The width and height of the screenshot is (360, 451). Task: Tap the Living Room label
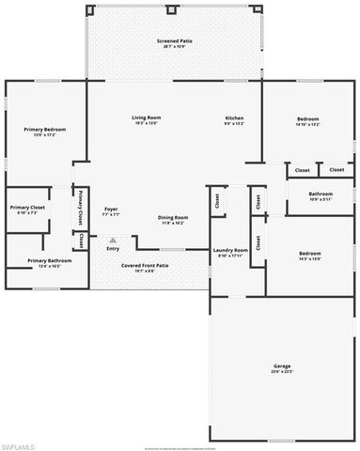[x=146, y=117]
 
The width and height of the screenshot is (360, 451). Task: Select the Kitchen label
[x=234, y=117]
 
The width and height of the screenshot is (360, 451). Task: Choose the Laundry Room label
[x=230, y=250]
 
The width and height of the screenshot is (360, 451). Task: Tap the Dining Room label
[x=172, y=217]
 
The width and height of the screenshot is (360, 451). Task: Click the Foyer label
[x=111, y=209]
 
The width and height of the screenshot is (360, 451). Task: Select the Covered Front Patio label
[x=145, y=265]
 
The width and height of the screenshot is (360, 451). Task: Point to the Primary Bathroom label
[x=44, y=260]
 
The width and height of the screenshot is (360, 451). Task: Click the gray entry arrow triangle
[x=113, y=240]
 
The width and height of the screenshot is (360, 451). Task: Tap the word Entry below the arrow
[x=113, y=248]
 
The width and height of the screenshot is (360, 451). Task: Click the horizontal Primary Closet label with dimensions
[x=27, y=207]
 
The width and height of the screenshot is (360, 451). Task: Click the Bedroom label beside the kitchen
[x=307, y=118]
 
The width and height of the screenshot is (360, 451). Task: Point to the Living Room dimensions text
[x=146, y=123]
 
